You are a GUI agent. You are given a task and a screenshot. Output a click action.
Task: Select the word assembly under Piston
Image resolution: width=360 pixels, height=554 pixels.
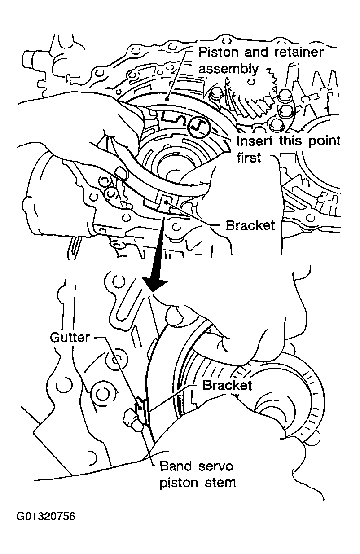point(228,69)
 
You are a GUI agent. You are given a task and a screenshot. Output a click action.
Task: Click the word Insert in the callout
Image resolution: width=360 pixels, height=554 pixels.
point(254,141)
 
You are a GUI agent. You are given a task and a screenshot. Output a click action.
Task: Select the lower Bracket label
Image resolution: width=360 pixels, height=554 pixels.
point(228,385)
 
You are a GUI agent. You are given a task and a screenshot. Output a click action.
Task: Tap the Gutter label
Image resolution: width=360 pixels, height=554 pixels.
point(70,338)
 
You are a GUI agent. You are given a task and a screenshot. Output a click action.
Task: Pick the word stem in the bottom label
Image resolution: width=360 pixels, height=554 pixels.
point(221,483)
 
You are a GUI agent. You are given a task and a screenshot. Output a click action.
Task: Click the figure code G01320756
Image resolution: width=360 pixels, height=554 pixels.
point(46,516)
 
